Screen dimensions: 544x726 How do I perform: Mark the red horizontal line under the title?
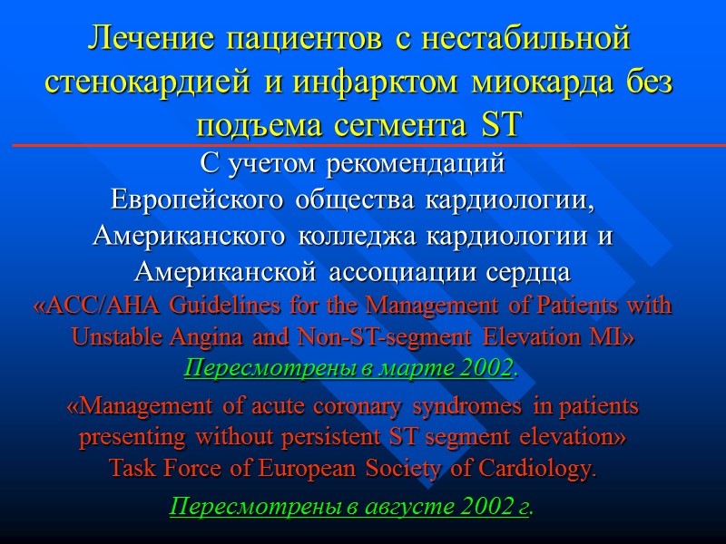tap(363, 145)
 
